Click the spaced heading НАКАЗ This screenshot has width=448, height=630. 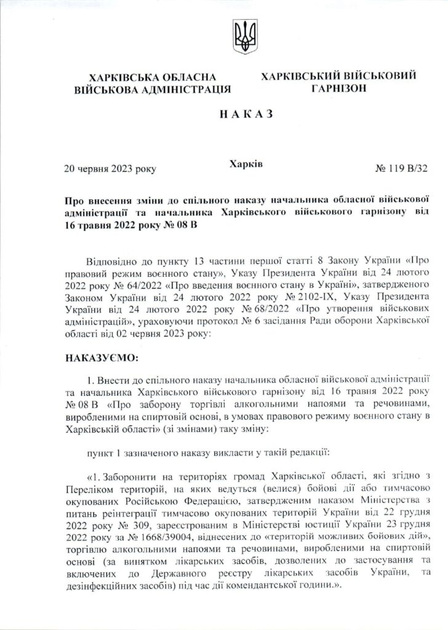click(223, 115)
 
